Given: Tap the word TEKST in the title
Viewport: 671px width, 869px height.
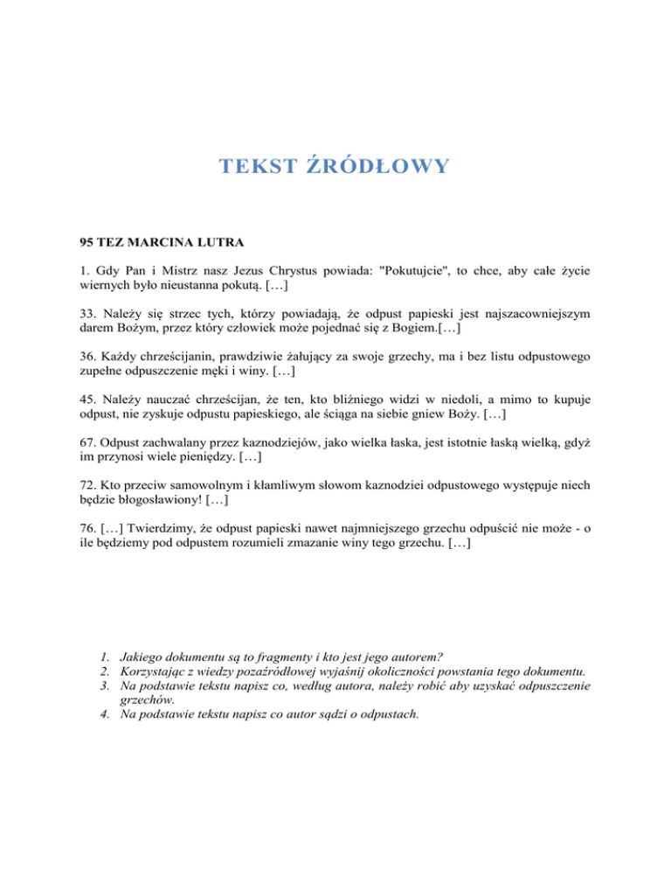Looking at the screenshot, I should click(258, 166).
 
